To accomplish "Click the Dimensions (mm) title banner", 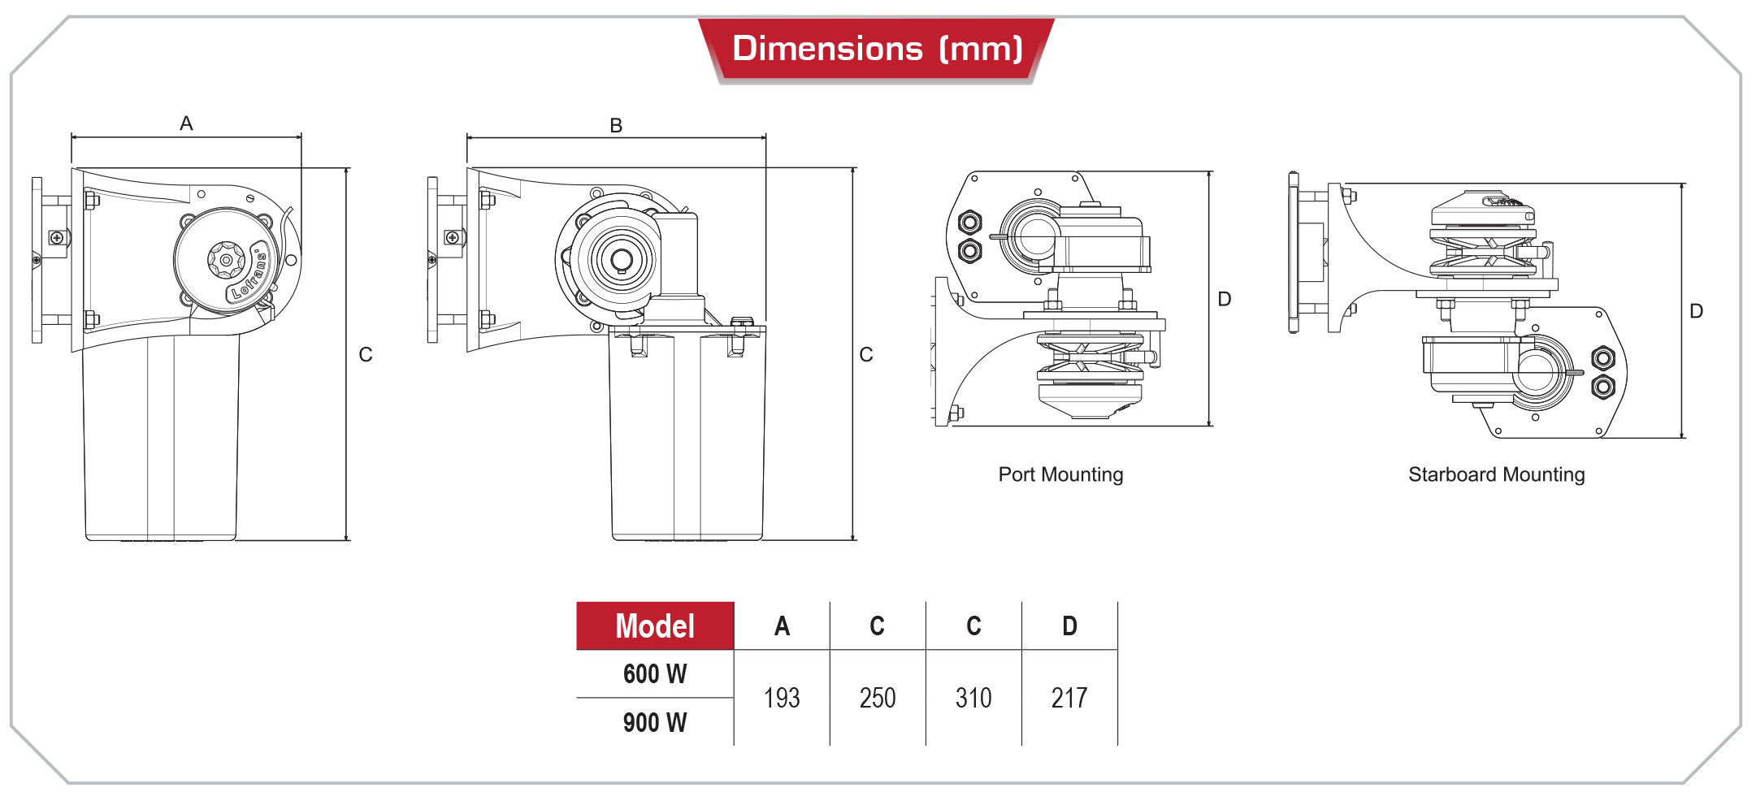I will (x=876, y=49).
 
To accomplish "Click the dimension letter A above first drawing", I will (x=186, y=123).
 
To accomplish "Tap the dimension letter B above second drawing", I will (x=616, y=126).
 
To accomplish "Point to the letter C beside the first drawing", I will (x=366, y=355).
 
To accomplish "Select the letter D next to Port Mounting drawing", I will (x=1224, y=299).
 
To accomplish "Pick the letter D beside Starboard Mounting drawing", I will (x=1696, y=311).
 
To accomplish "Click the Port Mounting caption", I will (x=1060, y=474).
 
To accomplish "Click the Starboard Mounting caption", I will (x=1496, y=474).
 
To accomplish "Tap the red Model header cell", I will (x=655, y=626).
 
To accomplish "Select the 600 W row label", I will (x=655, y=674).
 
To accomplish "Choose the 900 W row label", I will (x=655, y=722).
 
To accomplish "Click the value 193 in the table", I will (x=782, y=698).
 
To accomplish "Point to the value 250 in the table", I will (x=878, y=698).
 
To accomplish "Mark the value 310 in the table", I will (x=973, y=698).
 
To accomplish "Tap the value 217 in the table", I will (x=1069, y=698).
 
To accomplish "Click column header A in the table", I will (x=782, y=626).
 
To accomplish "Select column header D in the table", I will (x=1069, y=626).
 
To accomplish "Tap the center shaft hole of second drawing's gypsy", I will (x=622, y=260).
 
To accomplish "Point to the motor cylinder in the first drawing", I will (x=161, y=439).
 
